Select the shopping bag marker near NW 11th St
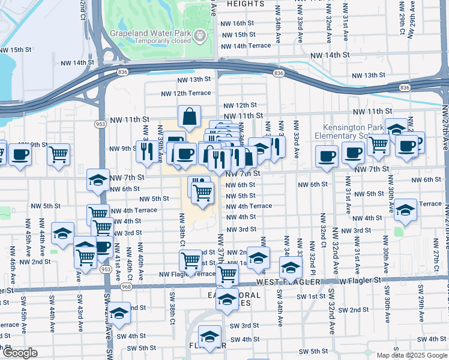(189, 118)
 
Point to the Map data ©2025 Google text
(411, 355)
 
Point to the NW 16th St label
(238, 23)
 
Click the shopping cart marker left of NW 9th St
(58, 154)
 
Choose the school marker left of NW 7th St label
(98, 179)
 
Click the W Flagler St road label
(361, 280)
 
